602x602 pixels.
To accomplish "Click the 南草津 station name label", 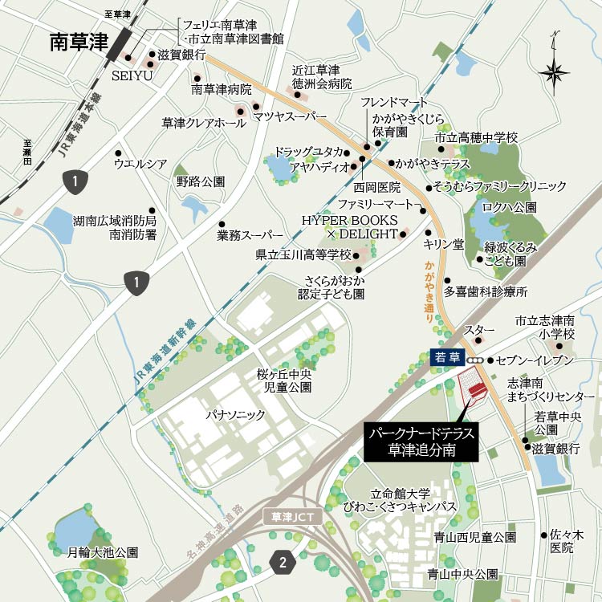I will click(79, 42).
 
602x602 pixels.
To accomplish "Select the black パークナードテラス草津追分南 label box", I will click(421, 441).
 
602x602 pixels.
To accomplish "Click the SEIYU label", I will click(127, 75).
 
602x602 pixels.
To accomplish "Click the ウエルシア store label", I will click(140, 164).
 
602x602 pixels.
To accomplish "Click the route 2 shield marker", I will click(282, 563).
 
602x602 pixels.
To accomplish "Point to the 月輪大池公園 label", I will click(103, 552).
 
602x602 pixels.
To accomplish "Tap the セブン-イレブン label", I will click(535, 360).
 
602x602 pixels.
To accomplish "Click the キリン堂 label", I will click(444, 243).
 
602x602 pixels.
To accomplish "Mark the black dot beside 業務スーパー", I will click(222, 224).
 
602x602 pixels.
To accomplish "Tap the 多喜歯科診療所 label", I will click(486, 291).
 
